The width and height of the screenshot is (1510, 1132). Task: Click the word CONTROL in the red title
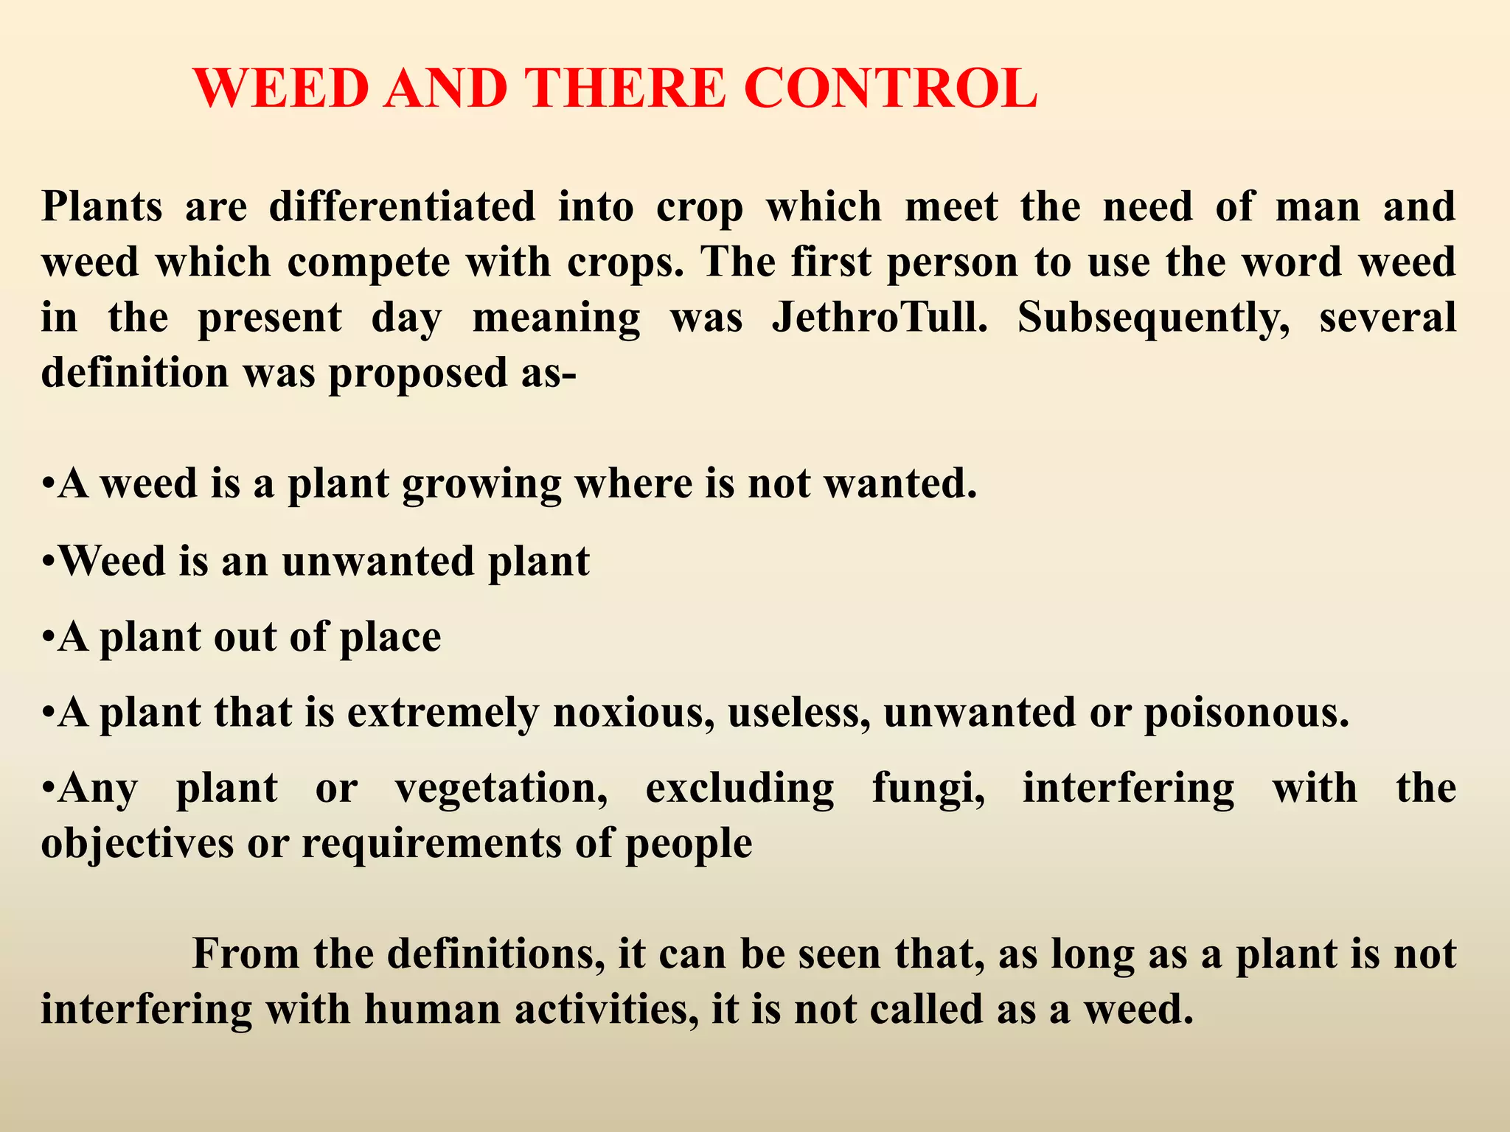click(890, 88)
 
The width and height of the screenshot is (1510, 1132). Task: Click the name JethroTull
click(879, 318)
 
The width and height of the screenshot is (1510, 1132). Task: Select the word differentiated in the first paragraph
click(402, 206)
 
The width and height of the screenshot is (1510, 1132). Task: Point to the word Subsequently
click(1154, 318)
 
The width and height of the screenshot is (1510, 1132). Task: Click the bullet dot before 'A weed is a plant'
click(48, 486)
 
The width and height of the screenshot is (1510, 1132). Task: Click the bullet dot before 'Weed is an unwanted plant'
click(48, 562)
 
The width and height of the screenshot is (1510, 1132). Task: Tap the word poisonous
click(1246, 714)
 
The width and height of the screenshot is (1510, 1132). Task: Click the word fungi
click(928, 789)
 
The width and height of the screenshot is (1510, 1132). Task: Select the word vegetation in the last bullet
click(501, 789)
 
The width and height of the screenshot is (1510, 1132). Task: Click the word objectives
click(137, 844)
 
